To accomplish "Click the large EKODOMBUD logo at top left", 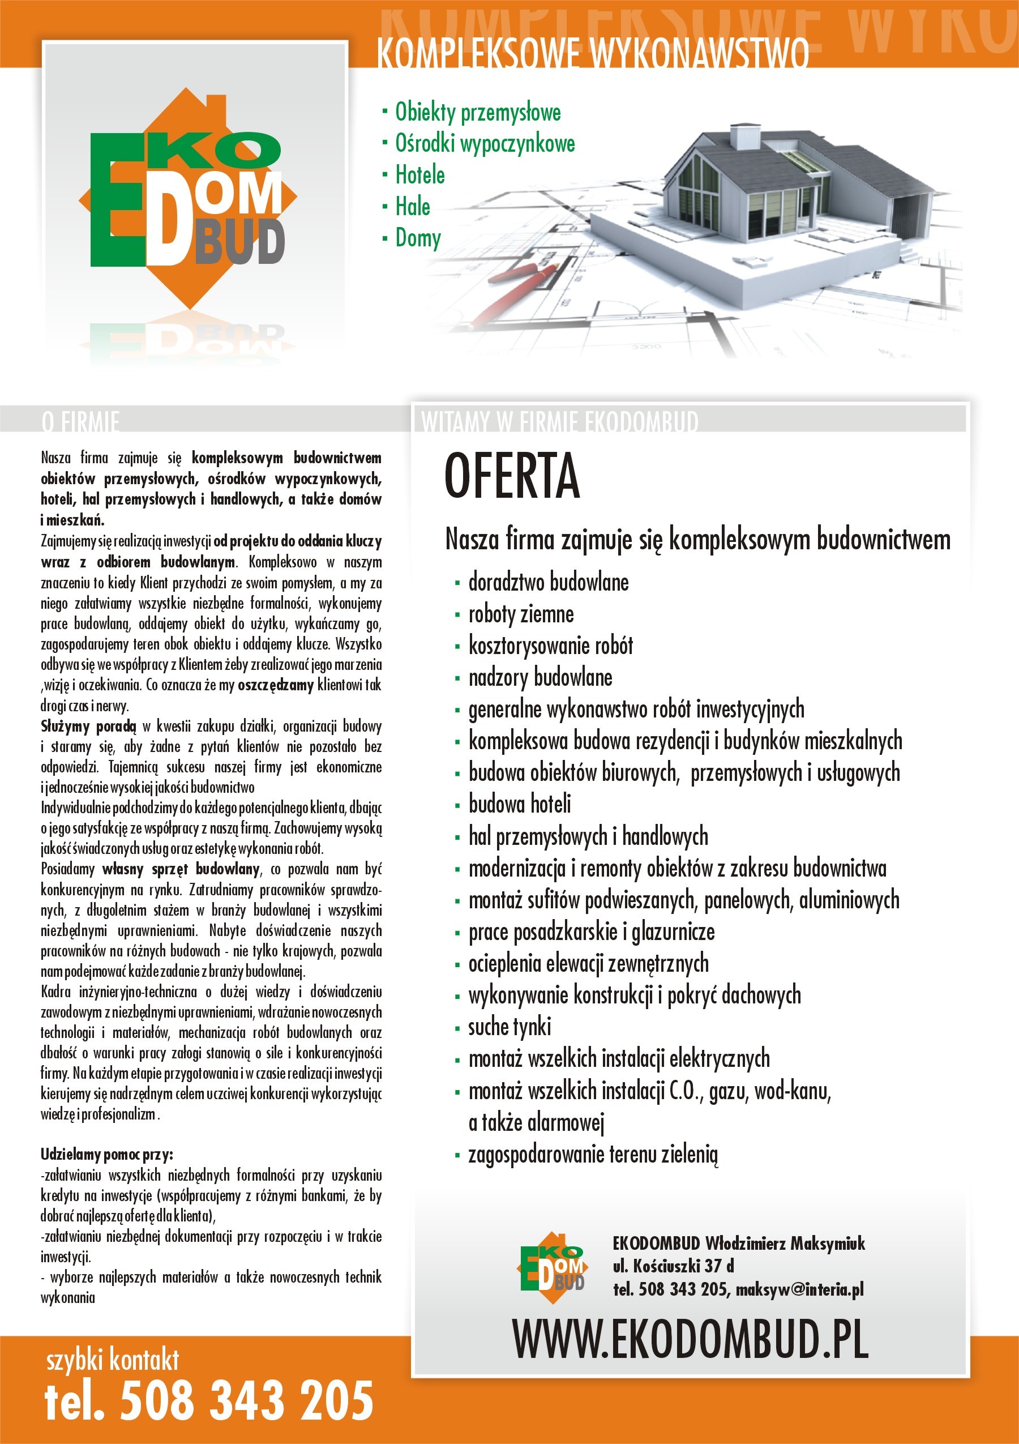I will point(187,201).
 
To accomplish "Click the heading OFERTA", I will point(512,476).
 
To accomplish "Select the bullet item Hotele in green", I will point(419,175).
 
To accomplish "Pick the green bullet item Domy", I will point(417,238).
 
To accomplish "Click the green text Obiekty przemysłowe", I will point(477,112).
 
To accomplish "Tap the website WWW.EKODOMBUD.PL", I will point(690,1340).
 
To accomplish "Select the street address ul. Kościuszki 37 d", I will point(673,1266).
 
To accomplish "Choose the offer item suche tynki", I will point(509,1027).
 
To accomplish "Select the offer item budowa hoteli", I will point(519,804).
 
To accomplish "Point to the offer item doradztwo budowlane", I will point(548,582).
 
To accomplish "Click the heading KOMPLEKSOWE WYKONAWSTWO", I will point(592,53).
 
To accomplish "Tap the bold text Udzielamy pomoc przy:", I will point(107,1155).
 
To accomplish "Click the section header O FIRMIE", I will point(80,421).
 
